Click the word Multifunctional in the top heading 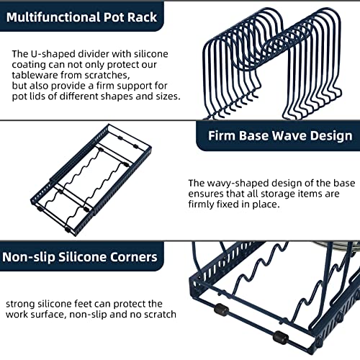[x=53, y=17]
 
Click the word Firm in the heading [x=222, y=135]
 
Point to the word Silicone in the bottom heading [x=82, y=257]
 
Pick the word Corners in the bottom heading [x=134, y=257]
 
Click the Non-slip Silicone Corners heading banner [x=82, y=256]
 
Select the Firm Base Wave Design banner [x=278, y=136]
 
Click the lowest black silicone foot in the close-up [x=281, y=337]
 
